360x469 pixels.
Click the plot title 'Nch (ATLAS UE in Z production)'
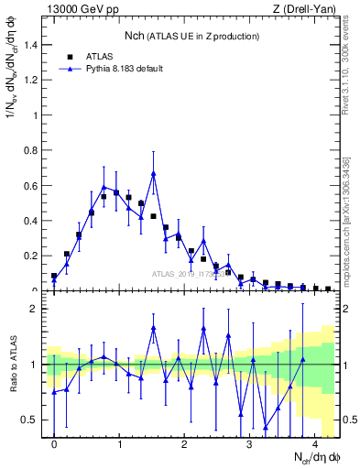tap(192, 36)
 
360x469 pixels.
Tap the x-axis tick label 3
tap(250, 444)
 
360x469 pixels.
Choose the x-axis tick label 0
tap(54, 444)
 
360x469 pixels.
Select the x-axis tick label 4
tap(315, 444)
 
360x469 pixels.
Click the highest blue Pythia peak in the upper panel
tap(153, 173)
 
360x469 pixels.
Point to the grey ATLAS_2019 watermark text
tap(187, 273)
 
